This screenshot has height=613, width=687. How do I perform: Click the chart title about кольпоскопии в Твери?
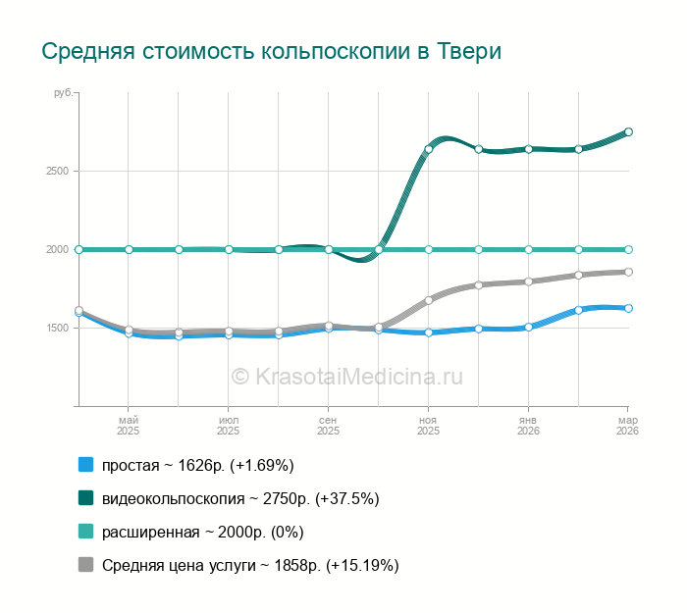point(271,50)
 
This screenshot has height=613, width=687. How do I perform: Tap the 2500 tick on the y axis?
point(57,171)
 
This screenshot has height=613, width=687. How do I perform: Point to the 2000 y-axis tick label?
point(57,249)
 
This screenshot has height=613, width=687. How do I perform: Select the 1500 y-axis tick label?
point(57,328)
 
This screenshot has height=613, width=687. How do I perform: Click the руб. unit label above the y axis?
point(62,93)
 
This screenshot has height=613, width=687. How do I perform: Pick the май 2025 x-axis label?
point(129,425)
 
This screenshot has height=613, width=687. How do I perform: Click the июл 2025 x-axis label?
point(229,425)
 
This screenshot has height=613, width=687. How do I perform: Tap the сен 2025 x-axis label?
point(329,425)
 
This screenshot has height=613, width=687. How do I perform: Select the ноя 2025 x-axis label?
point(429,425)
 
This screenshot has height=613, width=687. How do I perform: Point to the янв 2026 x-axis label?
point(528,425)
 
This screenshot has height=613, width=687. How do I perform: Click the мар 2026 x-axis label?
point(628,425)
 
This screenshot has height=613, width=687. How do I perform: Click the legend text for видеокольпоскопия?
point(240,498)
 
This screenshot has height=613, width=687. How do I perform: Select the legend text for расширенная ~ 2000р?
point(203,532)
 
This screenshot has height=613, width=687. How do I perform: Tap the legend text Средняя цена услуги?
point(250,565)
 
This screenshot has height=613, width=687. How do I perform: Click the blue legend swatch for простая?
point(85,465)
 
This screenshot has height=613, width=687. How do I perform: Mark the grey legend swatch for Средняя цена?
point(85,565)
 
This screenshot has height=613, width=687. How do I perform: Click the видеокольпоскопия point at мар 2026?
point(628,131)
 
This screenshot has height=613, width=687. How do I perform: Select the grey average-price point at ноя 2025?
point(429,300)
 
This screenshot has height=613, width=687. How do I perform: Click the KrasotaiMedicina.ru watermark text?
point(345,376)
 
